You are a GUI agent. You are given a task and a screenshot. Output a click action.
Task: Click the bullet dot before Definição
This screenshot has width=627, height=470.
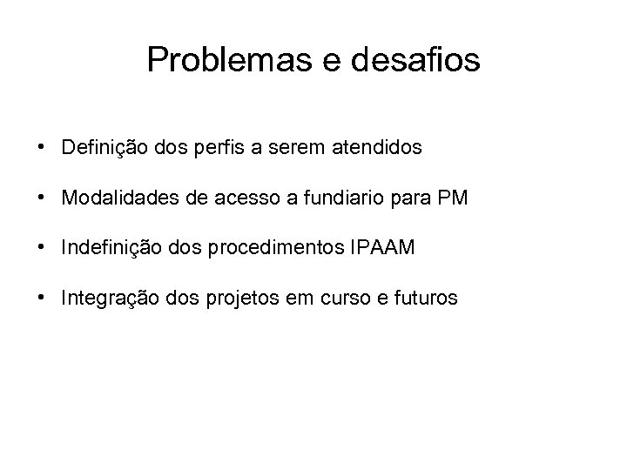pos(42,148)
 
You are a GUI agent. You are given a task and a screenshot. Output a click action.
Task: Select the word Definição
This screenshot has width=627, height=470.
pos(102,149)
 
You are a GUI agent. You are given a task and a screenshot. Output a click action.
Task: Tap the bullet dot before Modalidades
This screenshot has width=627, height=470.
pos(42,198)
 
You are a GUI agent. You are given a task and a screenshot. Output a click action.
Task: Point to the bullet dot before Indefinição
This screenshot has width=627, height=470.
pos(42,249)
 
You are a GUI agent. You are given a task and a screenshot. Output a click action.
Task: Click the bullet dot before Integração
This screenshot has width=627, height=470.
pos(42,299)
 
